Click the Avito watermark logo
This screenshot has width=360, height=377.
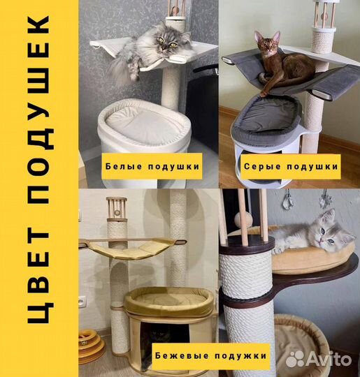point(318,360)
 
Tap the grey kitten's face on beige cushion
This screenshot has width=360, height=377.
point(327,232)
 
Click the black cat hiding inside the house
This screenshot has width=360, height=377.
point(158,334)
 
